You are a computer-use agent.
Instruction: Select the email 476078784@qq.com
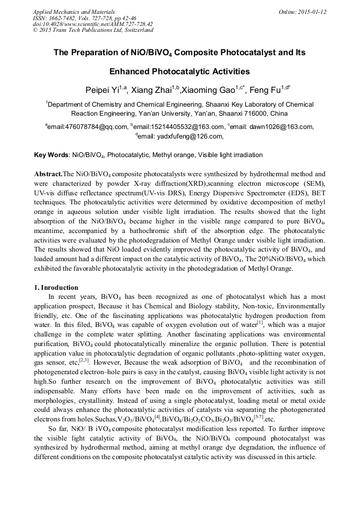click(x=96, y=127)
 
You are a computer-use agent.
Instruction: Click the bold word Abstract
click(x=48, y=174)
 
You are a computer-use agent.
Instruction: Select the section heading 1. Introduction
click(x=56, y=288)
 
